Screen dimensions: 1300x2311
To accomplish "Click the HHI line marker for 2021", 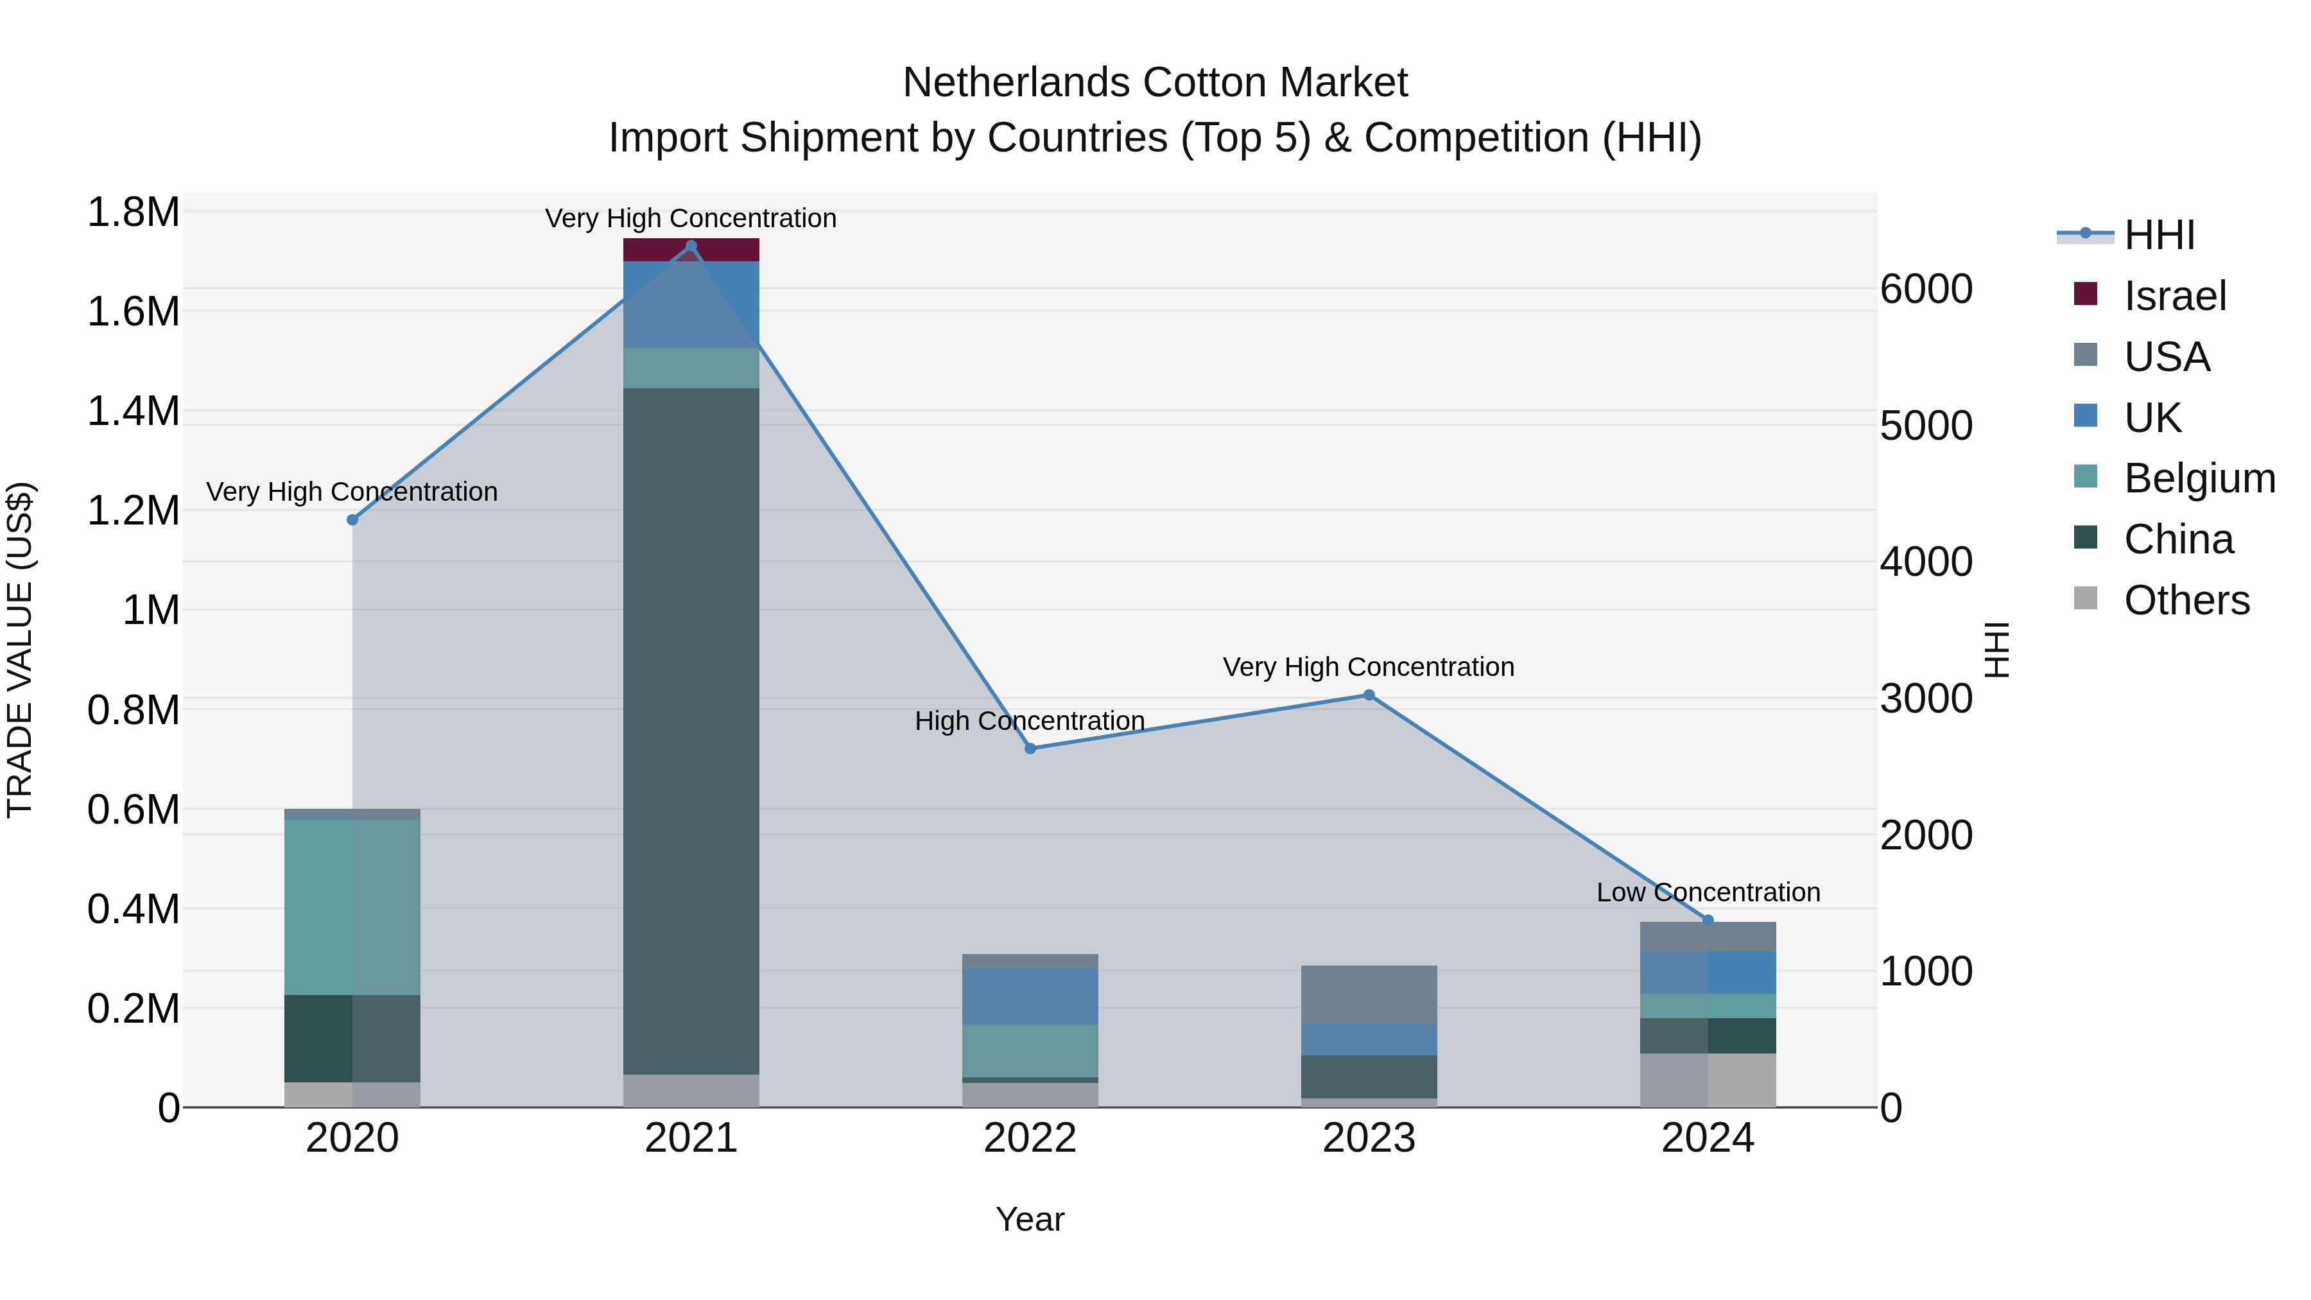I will coord(691,246).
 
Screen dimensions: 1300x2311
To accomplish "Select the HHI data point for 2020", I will coord(352,519).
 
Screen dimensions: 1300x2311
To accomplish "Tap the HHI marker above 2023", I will coord(1369,695).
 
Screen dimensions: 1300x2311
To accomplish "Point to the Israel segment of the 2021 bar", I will coord(691,250).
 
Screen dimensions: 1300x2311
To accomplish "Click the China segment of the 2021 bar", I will coord(691,731).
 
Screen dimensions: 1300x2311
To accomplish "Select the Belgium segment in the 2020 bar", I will coord(352,906).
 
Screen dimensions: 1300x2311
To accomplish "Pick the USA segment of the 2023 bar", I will coord(1369,994).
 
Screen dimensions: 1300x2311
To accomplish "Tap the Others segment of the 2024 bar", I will coord(1708,1080).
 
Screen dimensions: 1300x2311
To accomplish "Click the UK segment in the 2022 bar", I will coord(1030,996).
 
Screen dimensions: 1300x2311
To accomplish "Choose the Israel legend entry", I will coord(2175,296).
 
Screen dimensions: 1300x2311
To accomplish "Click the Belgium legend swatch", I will coord(2086,476).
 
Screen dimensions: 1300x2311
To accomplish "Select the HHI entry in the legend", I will coord(2158,235).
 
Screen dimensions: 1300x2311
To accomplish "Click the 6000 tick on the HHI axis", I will coord(1926,289).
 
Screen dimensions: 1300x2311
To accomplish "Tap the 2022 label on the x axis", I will coord(1030,1138).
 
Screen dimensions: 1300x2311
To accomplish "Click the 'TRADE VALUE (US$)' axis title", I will coord(20,650).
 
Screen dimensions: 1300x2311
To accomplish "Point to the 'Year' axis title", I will coord(1030,1219).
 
